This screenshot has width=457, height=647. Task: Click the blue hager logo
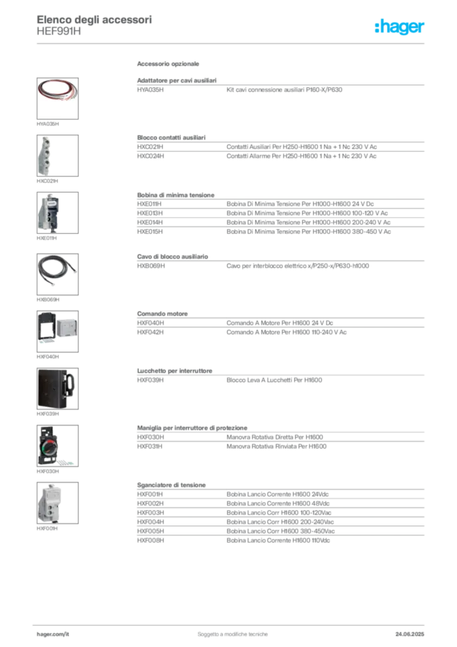pyautogui.click(x=400, y=28)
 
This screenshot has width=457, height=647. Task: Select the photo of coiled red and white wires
pyautogui.click(x=57, y=97)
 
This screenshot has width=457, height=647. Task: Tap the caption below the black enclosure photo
pyautogui.click(x=48, y=416)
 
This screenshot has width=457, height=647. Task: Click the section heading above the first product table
pyautogui.click(x=169, y=65)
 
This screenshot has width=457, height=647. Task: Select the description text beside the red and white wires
pyautogui.click(x=283, y=91)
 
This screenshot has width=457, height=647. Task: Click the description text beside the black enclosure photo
pyautogui.click(x=273, y=381)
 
